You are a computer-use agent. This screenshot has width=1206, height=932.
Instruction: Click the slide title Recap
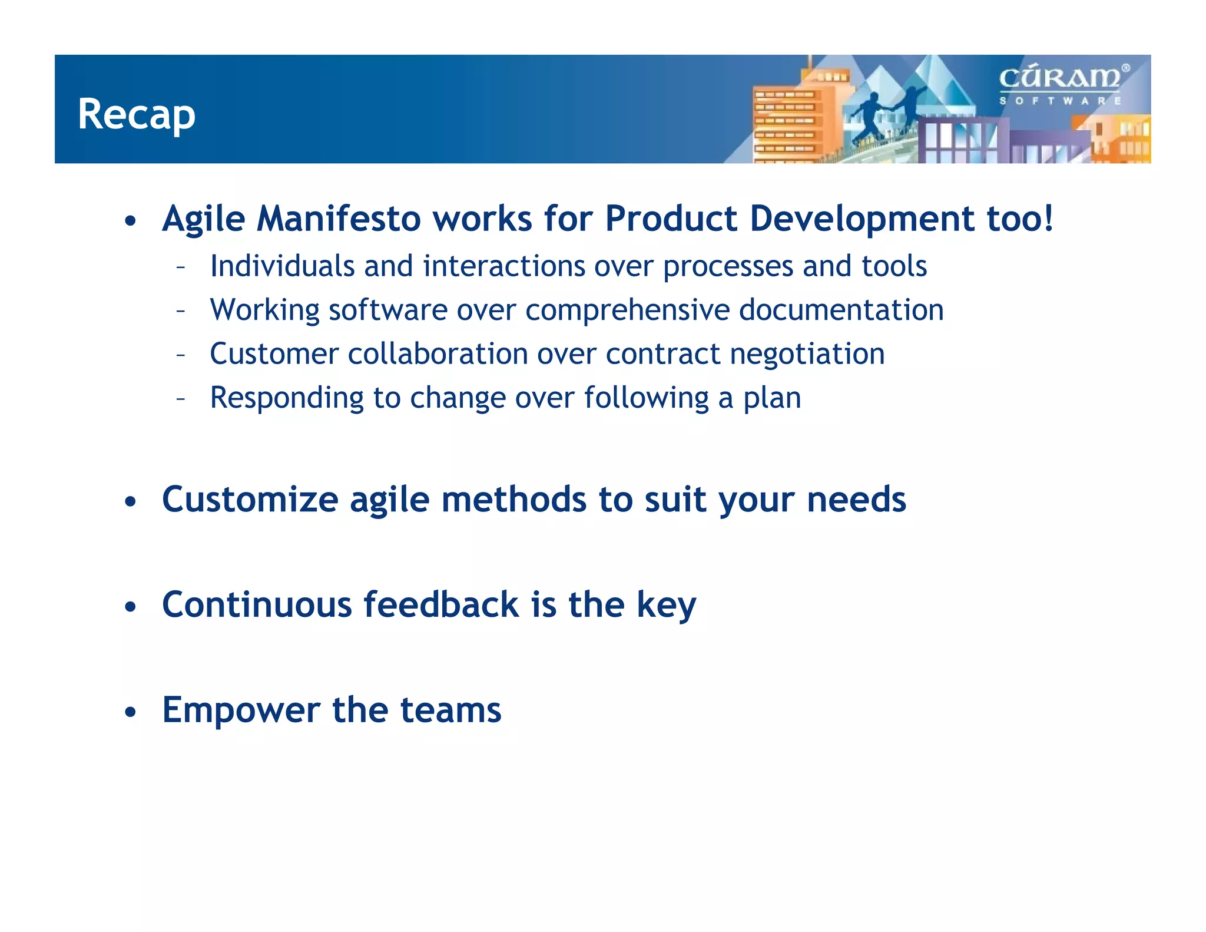click(x=136, y=115)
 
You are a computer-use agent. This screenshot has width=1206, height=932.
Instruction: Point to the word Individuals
click(x=282, y=266)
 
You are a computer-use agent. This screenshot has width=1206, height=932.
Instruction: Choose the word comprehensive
click(x=628, y=310)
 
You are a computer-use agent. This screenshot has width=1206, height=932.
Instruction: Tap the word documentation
click(x=841, y=310)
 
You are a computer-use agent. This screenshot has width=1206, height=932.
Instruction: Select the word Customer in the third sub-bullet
click(x=274, y=354)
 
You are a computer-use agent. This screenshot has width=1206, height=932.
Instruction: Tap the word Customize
click(x=250, y=500)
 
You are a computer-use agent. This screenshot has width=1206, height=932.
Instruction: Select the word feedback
click(x=442, y=604)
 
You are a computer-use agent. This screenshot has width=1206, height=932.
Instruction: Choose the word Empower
click(x=241, y=710)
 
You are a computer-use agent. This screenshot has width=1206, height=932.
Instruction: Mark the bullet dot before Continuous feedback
click(x=131, y=606)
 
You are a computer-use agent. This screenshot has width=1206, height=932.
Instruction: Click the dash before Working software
click(x=181, y=311)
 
